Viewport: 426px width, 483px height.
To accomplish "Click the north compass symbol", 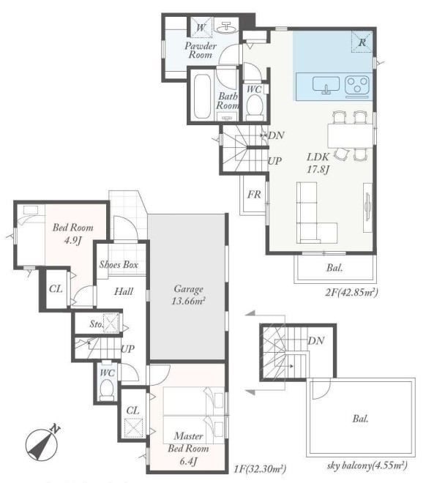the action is click(42, 443).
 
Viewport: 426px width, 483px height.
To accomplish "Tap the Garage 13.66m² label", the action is click(189, 295).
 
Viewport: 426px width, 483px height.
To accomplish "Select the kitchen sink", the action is click(326, 85).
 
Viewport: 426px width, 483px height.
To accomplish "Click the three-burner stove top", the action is click(357, 86).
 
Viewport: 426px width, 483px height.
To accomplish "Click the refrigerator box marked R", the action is click(362, 42).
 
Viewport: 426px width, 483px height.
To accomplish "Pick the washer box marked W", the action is click(201, 27).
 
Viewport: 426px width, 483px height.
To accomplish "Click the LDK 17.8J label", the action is click(318, 163).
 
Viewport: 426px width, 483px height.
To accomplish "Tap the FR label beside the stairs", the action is click(254, 195).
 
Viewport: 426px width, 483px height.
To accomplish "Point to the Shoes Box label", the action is click(119, 265).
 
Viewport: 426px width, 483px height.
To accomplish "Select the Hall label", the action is click(124, 291).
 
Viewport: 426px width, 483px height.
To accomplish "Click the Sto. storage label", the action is click(96, 323).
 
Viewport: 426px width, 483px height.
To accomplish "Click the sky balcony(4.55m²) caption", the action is click(367, 465).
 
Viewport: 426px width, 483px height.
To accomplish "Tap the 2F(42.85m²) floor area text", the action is click(351, 291).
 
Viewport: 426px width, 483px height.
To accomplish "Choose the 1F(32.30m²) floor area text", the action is click(261, 468).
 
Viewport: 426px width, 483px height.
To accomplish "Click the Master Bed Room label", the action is click(188, 442).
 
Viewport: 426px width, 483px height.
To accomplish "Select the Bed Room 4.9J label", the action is click(72, 233).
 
